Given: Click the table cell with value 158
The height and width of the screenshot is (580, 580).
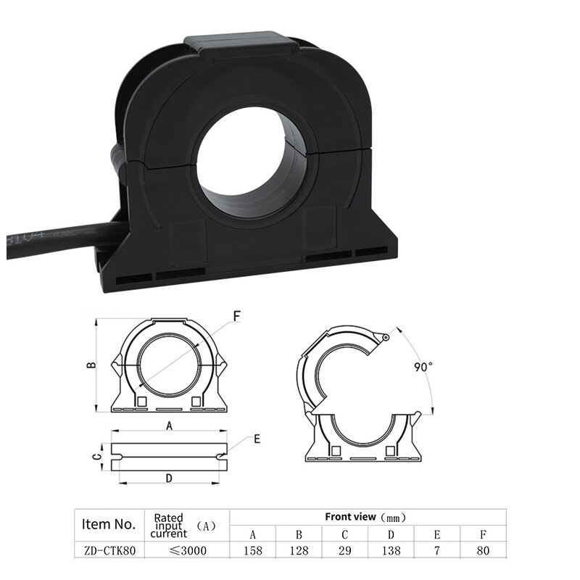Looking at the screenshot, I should tap(252, 550).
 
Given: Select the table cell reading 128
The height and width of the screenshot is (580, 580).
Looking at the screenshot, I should tap(299, 550).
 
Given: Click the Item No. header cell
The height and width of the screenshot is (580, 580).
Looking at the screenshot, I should tap(109, 523).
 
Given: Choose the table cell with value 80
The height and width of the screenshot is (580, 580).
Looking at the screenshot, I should tap(483, 550).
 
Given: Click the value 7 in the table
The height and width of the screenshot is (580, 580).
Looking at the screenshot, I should tap(436, 550).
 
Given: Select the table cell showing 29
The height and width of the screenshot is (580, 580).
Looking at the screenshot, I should tap(344, 550).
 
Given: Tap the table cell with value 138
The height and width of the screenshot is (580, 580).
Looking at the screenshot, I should tap(390, 550).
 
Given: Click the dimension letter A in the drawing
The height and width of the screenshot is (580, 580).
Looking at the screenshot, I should tap(170, 427).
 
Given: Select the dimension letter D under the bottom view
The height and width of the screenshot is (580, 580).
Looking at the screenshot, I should tap(169, 478).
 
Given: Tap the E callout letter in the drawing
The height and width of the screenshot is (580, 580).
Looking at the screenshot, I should tap(257, 439).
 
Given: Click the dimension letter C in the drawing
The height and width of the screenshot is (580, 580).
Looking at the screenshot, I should tap(95, 456).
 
